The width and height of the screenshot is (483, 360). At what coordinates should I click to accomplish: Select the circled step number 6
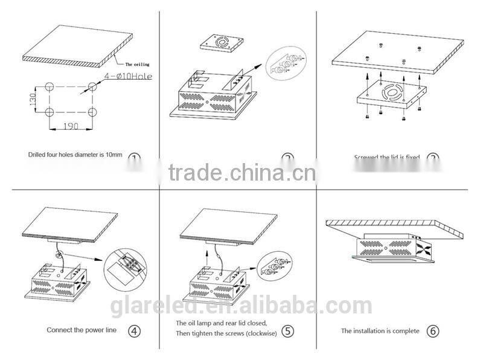tap(432, 330)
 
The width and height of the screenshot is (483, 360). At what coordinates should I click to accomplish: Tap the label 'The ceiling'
tap(137, 63)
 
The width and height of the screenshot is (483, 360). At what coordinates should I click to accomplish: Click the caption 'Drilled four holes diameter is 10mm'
tap(75, 155)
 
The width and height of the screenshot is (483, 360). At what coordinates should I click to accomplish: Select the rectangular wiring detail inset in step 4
tap(127, 268)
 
